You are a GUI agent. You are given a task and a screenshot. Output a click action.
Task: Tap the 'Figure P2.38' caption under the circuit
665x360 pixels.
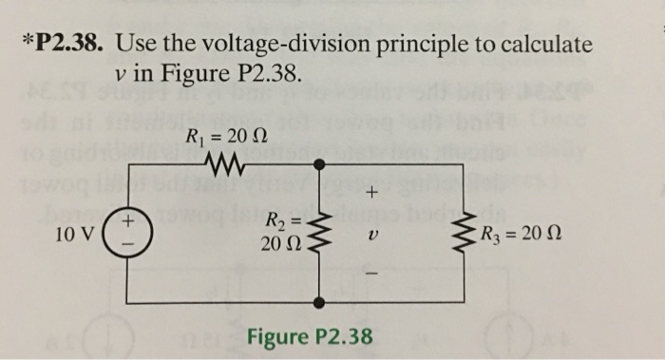coord(310,337)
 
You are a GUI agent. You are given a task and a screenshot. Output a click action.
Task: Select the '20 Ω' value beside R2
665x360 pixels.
coord(280,245)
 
